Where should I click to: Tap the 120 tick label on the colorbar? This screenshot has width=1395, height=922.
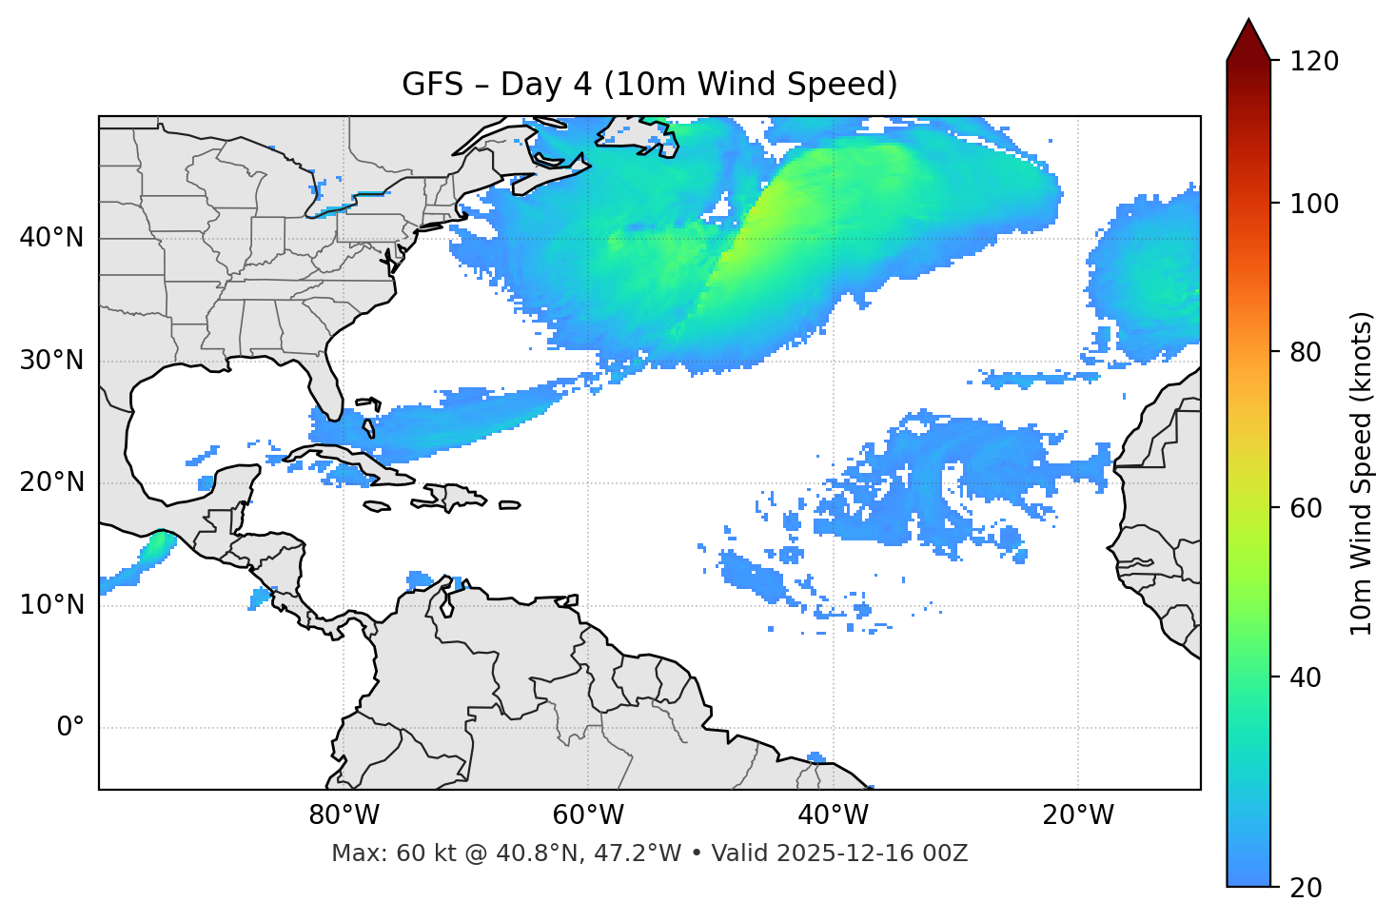click(x=1314, y=62)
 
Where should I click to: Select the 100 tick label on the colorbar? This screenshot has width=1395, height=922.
click(x=1314, y=204)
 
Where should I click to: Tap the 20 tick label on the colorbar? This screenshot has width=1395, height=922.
click(x=1306, y=888)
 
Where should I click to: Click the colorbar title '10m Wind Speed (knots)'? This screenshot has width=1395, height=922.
click(x=1362, y=473)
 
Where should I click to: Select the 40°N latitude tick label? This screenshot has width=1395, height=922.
click(x=51, y=238)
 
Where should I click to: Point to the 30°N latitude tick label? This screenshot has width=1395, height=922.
click(x=51, y=361)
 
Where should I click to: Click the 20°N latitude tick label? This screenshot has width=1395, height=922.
click(x=51, y=482)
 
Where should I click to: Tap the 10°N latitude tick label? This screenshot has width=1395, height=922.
click(x=51, y=605)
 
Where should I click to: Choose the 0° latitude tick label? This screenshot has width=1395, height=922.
click(x=70, y=728)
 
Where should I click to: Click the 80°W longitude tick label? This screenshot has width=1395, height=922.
click(x=344, y=815)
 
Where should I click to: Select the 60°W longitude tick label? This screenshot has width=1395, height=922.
click(x=588, y=815)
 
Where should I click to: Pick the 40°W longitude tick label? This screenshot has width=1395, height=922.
click(x=833, y=815)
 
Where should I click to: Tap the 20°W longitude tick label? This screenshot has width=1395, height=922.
click(x=1077, y=815)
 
